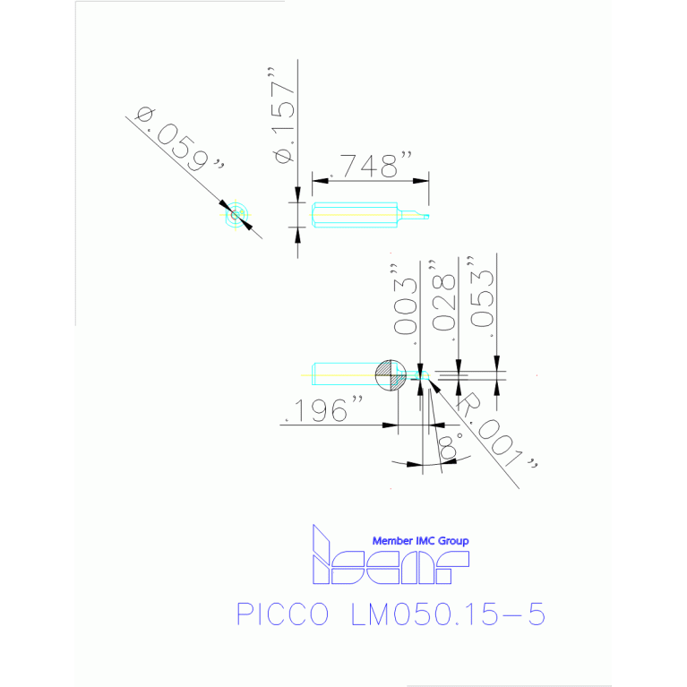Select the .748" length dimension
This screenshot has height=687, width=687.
(368, 166)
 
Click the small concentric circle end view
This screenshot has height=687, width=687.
(236, 215)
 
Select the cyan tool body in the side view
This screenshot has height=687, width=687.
(355, 215)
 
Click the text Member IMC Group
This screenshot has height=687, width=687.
(420, 541)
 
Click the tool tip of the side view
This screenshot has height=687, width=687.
(426, 216)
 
